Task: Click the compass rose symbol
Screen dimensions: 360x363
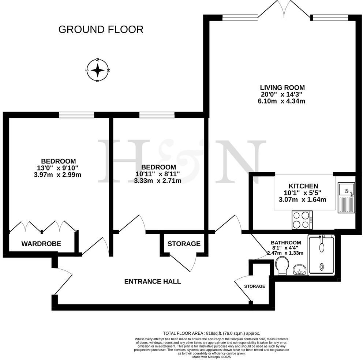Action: click(97, 70)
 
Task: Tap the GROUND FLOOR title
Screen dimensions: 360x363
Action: click(101, 29)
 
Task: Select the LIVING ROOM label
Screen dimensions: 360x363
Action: click(282, 88)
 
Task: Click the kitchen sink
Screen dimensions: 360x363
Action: click(346, 190)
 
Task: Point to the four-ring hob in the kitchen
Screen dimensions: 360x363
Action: click(302, 220)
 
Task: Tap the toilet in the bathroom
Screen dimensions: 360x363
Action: click(282, 266)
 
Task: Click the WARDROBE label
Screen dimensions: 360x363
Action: click(41, 244)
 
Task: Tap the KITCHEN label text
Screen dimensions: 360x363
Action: click(303, 186)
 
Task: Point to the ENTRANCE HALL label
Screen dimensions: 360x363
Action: click(153, 281)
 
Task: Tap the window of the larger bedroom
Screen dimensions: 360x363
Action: click(76, 115)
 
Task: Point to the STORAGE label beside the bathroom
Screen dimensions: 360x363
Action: click(255, 286)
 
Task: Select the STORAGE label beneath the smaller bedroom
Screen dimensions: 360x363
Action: click(184, 244)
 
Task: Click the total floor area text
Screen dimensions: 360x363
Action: click(211, 333)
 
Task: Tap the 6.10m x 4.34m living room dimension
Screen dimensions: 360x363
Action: click(282, 101)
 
